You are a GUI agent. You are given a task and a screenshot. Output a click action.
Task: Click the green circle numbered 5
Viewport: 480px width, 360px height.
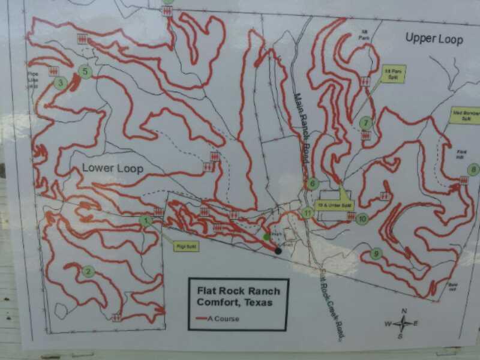click(85, 72)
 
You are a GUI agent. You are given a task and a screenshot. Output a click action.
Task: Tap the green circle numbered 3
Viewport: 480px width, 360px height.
click(60, 83)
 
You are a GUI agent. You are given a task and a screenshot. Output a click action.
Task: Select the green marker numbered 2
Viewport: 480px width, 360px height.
click(89, 272)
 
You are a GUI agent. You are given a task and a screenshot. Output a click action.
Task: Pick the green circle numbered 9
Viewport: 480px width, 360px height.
click(376, 254)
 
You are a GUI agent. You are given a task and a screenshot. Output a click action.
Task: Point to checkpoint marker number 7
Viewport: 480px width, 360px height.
click(365, 124)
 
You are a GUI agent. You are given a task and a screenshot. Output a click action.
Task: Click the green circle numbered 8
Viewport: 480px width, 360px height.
click(473, 169)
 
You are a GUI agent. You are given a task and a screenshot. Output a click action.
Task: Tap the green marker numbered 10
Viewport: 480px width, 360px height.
click(361, 219)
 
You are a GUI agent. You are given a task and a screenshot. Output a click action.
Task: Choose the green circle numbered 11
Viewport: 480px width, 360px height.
click(308, 212)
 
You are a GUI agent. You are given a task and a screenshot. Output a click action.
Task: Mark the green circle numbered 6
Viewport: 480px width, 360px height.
click(312, 184)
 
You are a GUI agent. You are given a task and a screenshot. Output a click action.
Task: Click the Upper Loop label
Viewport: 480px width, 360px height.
click(434, 39)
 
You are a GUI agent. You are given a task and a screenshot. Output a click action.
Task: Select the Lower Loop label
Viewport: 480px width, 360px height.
click(113, 168)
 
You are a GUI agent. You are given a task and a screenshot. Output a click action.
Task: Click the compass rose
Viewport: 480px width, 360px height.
click(403, 323)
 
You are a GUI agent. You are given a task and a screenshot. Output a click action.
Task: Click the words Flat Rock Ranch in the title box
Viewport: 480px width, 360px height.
click(238, 291)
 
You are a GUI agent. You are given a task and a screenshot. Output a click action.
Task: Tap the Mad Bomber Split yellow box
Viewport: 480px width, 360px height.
click(464, 115)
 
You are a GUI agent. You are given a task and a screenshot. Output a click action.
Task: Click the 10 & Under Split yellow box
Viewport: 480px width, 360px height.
click(335, 205)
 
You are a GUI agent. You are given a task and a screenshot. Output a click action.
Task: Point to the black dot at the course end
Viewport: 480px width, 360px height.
click(278, 250)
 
